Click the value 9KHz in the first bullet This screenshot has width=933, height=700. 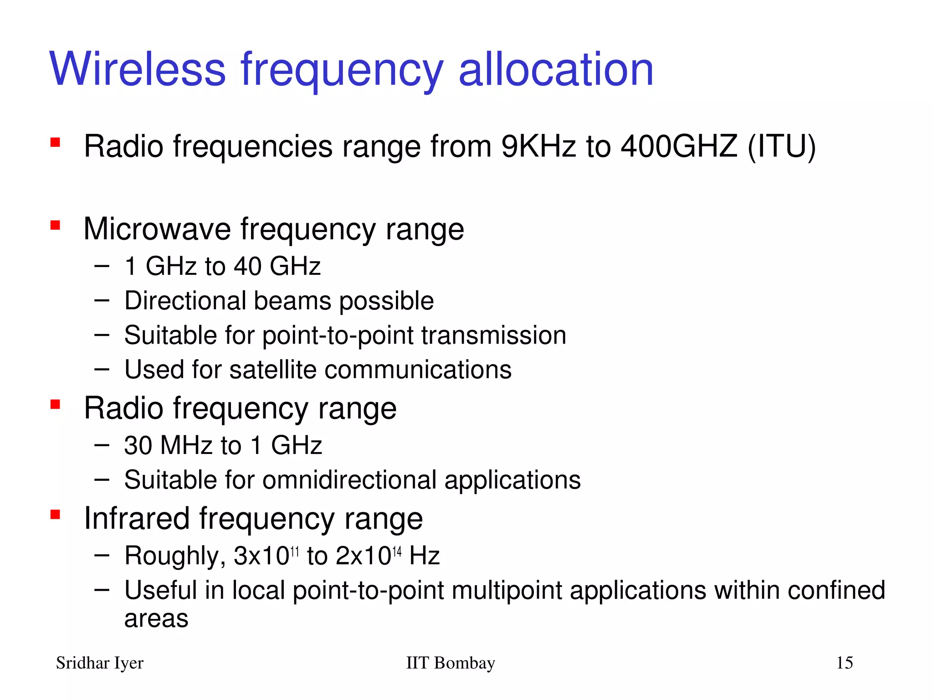pyautogui.click(x=538, y=147)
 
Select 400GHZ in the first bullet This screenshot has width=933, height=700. pyautogui.click(x=679, y=147)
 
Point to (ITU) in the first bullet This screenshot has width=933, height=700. pyautogui.click(x=781, y=147)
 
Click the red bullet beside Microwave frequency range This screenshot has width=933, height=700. pyautogui.click(x=56, y=225)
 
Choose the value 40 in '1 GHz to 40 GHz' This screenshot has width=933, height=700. pyautogui.click(x=248, y=266)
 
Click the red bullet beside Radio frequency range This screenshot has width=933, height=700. pyautogui.click(x=56, y=404)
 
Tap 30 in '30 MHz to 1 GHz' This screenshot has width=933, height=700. pyautogui.click(x=138, y=446)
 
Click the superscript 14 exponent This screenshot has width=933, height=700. pyautogui.click(x=397, y=552)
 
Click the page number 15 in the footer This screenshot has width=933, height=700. pyautogui.click(x=844, y=663)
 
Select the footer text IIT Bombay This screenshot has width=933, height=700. pyautogui.click(x=450, y=663)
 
